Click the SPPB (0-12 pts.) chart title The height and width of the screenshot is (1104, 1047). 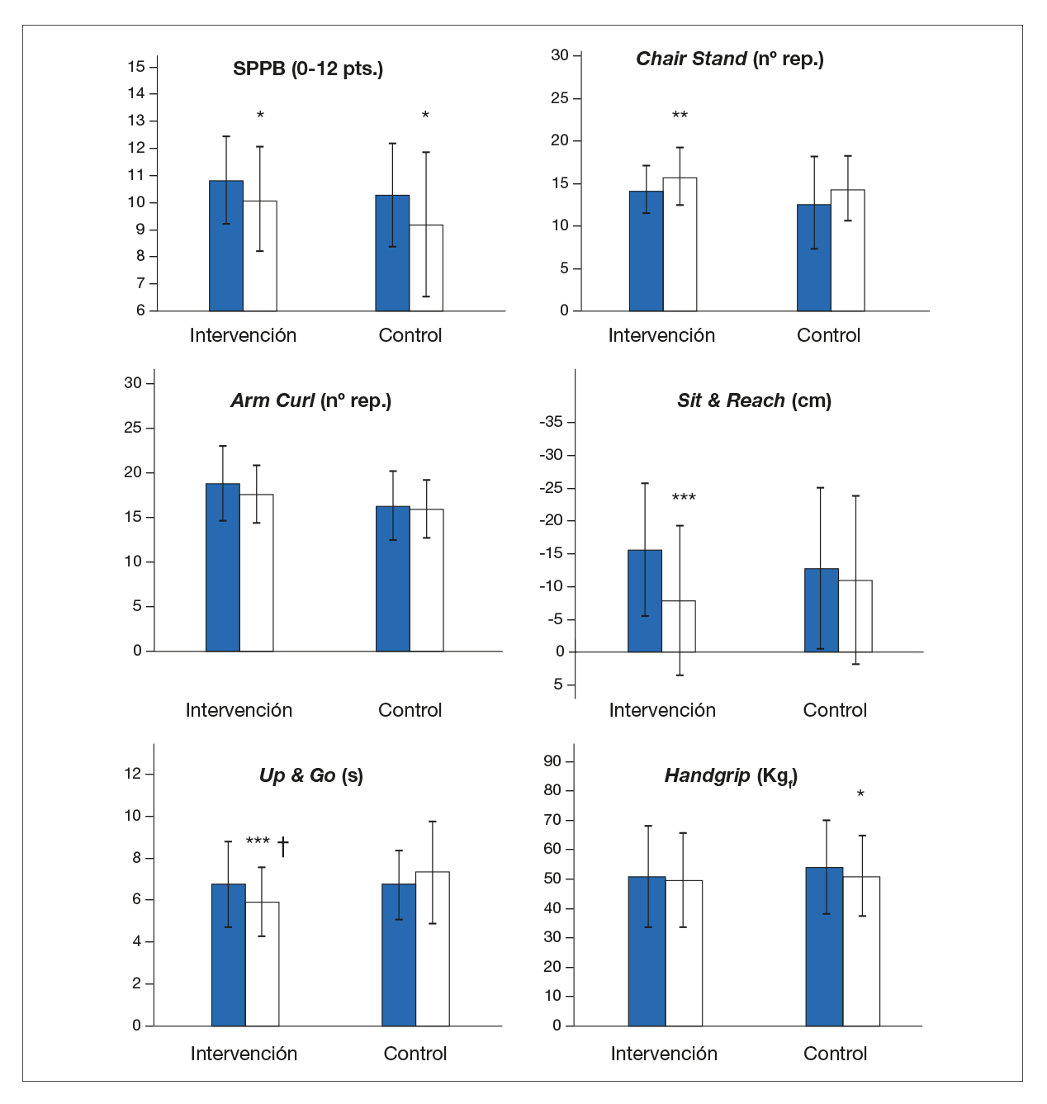[308, 69]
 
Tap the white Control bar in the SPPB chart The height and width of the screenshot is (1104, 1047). [426, 268]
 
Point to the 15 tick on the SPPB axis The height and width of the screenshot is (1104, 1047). [136, 67]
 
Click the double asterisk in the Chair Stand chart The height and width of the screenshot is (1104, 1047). [680, 116]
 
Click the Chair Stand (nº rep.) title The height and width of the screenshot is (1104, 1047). [730, 59]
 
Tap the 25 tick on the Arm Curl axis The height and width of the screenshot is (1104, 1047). [133, 428]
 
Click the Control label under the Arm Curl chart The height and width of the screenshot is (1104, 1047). [410, 710]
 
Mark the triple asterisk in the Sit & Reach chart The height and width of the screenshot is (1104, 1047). [684, 498]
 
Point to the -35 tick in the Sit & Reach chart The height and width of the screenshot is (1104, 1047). [552, 422]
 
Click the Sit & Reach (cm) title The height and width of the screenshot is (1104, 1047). [754, 400]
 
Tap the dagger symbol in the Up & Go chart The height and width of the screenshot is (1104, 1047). [283, 846]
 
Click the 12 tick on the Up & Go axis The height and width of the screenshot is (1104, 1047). [133, 774]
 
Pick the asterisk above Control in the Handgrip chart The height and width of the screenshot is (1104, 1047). [860, 794]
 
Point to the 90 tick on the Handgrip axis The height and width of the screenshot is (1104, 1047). [552, 761]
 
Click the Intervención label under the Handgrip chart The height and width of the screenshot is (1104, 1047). [664, 1054]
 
